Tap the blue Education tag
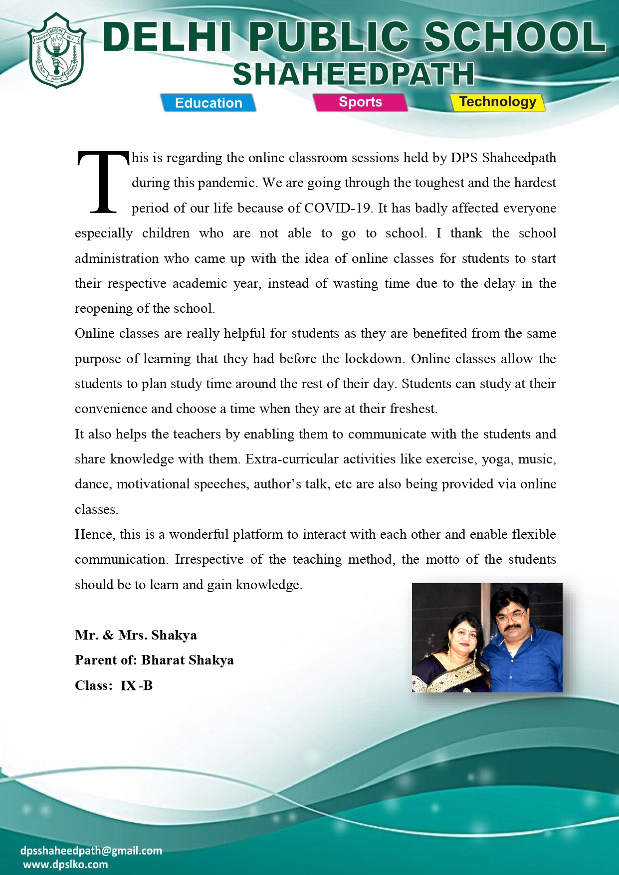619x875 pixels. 208,103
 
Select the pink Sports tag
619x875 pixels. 360,102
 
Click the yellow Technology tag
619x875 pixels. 497,102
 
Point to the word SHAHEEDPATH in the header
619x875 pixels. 353,75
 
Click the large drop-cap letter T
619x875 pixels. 102,182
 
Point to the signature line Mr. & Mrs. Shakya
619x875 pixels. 136,635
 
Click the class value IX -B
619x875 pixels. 136,685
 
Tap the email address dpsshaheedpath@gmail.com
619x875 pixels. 91,851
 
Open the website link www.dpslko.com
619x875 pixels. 65,865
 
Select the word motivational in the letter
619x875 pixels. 153,484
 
